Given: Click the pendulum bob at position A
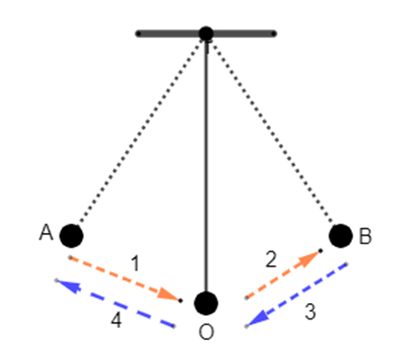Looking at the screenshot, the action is tap(72, 236).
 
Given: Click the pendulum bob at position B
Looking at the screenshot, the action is tap(341, 236).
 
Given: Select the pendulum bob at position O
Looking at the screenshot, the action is tap(206, 303).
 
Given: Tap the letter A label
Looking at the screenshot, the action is tap(46, 232).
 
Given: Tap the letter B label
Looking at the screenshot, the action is tap(365, 237).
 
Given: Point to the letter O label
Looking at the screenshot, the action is tap(206, 332).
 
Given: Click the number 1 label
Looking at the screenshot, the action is tap(135, 263).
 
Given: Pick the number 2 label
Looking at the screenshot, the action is tap(271, 259).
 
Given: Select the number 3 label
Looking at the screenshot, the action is tap(311, 312).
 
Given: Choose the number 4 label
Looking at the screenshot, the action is tap(116, 320).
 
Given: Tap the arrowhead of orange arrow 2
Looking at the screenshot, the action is tap(310, 257).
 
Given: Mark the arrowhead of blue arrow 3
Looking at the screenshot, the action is tap(257, 319).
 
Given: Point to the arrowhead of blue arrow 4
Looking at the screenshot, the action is tap(68, 286).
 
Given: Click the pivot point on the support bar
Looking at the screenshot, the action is tap(206, 34).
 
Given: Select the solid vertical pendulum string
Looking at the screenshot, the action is tap(206, 166).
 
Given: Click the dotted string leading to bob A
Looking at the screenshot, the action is tap(141, 131).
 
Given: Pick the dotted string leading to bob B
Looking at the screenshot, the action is tap(272, 131).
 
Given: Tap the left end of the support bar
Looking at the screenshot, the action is tap(138, 34).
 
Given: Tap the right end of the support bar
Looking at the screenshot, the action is tap(274, 34).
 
